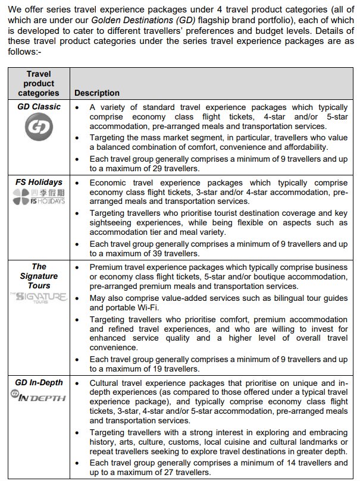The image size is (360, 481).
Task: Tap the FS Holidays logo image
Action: pos(39,197)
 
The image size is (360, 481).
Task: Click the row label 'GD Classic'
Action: pos(39,107)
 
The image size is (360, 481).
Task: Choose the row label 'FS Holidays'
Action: pos(39,182)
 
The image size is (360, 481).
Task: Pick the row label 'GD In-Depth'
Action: pos(39,382)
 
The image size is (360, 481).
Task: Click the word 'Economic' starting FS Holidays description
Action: pos(108,182)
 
